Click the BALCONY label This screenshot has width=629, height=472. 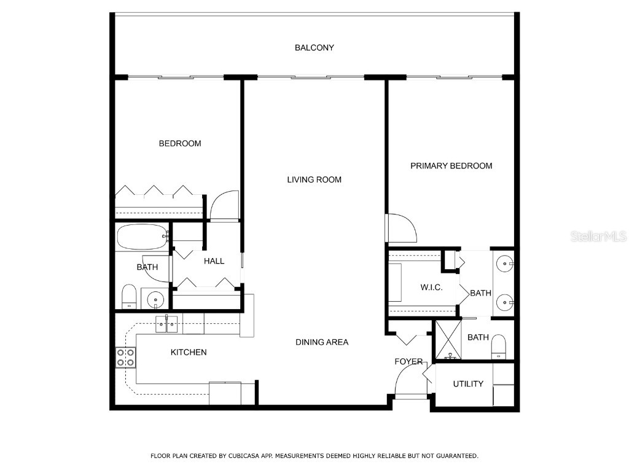coord(314,48)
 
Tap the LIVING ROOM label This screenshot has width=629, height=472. coord(314,180)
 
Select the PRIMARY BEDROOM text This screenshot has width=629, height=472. coord(451,166)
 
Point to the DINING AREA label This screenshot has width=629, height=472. coord(321,342)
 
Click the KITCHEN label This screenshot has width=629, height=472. coord(188,353)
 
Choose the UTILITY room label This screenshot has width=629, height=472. coord(468,384)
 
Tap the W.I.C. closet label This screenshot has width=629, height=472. coord(431,288)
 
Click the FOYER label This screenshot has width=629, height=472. coord(408,362)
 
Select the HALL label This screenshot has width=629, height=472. coord(214,261)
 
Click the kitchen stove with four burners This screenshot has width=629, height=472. coord(125,358)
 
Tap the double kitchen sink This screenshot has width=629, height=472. coord(166,323)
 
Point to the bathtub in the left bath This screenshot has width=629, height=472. coord(142,237)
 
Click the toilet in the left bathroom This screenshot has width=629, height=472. coord(129,297)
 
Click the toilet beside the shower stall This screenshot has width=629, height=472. coord(498,347)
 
